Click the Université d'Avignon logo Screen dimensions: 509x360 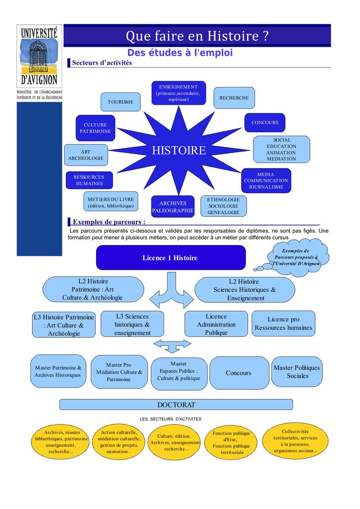point(39,56)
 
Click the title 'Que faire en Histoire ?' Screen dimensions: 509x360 point(197,36)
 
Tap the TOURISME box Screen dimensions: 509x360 point(120,102)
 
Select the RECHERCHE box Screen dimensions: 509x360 point(234,98)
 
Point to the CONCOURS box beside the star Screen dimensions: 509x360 point(265,122)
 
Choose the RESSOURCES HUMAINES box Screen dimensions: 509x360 point(89,180)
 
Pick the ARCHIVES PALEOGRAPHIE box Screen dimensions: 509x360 point(173,207)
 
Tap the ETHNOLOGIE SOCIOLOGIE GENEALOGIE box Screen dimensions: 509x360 point(223,206)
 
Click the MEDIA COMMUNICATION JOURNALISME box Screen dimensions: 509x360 point(266,181)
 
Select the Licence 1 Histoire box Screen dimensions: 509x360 point(171,257)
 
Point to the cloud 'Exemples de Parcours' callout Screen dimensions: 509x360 point(296,256)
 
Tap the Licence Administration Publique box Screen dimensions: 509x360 point(216,324)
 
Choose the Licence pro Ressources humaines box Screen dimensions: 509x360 point(283,324)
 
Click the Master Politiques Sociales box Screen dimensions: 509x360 point(297,372)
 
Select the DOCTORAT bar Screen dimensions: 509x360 point(176,405)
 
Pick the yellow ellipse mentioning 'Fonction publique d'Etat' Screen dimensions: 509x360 point(231,442)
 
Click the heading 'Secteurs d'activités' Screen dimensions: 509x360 point(102,63)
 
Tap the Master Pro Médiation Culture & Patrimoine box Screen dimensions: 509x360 point(119,372)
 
